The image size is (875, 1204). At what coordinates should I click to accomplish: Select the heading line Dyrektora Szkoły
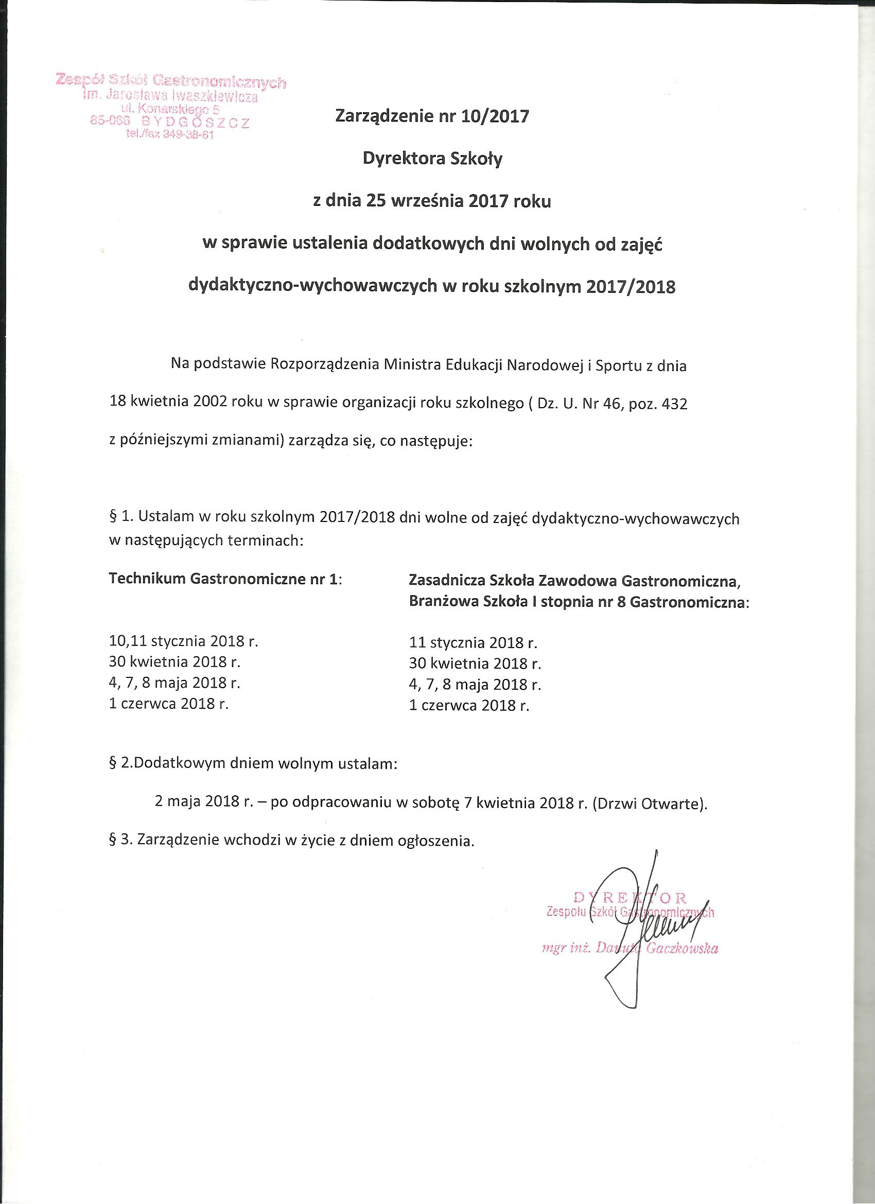432,159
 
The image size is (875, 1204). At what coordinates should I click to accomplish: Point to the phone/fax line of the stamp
169,135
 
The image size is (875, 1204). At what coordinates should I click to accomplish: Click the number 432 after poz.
673,404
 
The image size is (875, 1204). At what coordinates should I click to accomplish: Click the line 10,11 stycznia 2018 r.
183,641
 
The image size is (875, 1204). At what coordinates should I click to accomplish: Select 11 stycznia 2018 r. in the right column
473,643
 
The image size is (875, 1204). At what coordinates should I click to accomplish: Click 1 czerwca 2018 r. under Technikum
168,704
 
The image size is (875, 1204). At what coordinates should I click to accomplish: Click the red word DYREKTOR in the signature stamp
630,898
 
